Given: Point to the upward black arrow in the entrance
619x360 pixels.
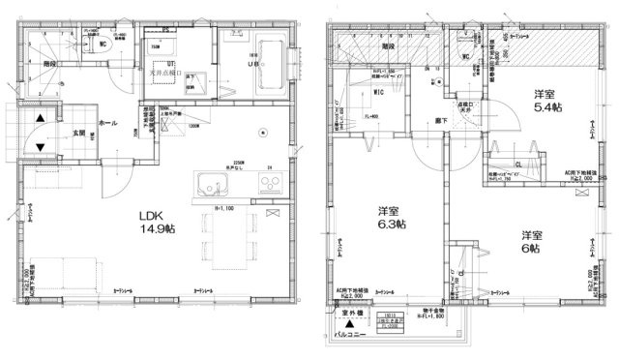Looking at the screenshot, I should click(40, 119).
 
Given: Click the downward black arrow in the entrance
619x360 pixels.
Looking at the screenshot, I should click(40, 147).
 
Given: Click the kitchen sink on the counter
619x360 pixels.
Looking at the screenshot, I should click(211, 187).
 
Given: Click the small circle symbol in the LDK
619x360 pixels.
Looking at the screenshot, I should click(257, 134).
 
